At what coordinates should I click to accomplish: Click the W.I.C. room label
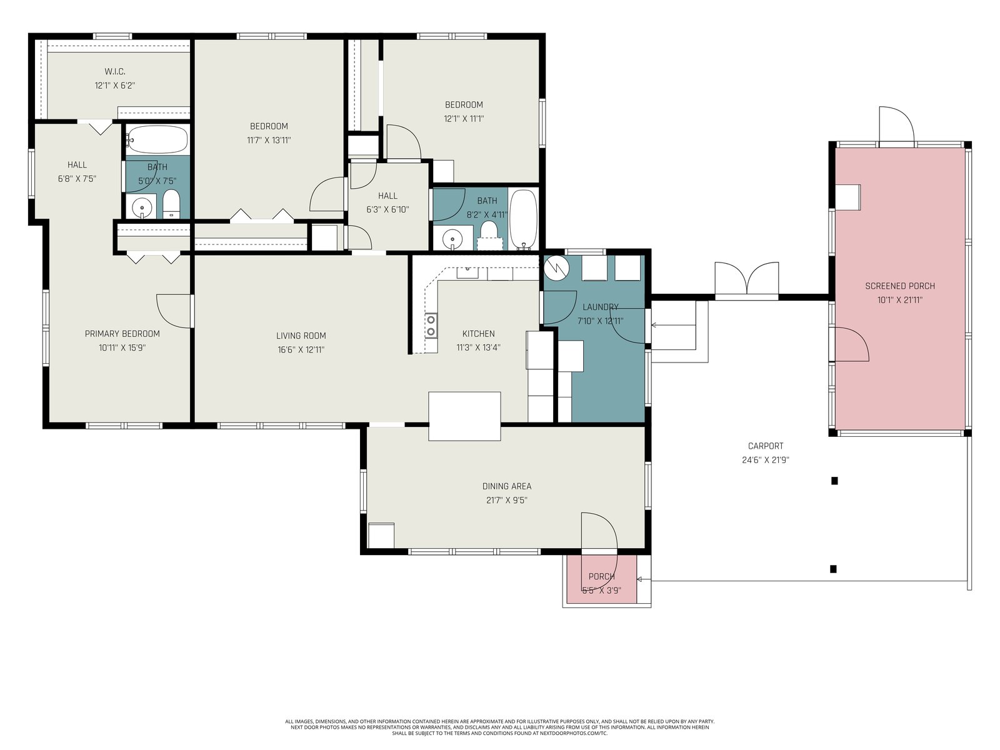click(x=115, y=71)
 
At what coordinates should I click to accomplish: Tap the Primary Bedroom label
click(x=122, y=334)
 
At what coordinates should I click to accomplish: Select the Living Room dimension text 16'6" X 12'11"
click(x=301, y=350)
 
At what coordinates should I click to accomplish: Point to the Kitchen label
click(x=478, y=333)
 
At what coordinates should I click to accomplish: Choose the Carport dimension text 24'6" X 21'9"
click(x=766, y=460)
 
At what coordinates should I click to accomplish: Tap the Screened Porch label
click(x=900, y=286)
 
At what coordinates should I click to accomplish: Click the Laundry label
click(x=601, y=307)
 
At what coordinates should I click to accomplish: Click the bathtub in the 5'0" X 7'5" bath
click(x=157, y=139)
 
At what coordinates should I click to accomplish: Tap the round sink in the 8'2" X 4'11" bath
click(x=452, y=239)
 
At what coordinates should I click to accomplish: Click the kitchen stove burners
click(x=431, y=325)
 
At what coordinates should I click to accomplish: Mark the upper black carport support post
click(x=834, y=481)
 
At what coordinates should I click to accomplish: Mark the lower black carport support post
click(x=833, y=569)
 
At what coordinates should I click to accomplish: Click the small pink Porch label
click(x=601, y=576)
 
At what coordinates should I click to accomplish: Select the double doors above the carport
click(x=747, y=279)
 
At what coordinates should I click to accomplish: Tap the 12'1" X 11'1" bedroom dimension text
click(x=464, y=119)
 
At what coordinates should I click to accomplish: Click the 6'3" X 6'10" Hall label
click(x=387, y=196)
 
